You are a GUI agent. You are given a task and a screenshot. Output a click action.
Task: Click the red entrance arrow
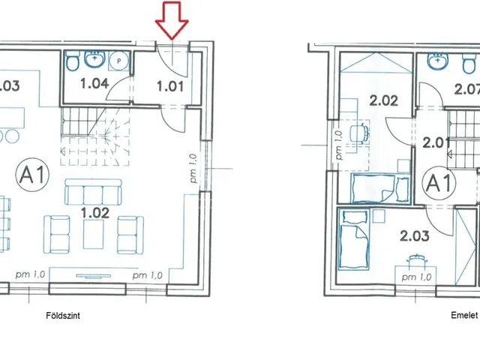pos(172,21)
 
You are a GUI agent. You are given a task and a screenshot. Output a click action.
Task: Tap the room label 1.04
pos(94,83)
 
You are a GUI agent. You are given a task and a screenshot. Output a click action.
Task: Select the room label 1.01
pos(170,86)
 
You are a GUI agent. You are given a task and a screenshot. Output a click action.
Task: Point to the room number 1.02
pos(95,212)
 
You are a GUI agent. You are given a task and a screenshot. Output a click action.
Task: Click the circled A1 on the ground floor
pos(32,175)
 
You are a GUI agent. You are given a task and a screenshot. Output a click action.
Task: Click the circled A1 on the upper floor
pos(439,183)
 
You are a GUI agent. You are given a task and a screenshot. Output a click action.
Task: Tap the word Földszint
pos(63,315)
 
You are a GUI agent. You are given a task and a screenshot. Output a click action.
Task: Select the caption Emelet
pos(464,315)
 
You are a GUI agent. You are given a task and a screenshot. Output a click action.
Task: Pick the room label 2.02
pos(383,100)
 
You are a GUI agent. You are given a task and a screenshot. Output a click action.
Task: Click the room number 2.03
pos(415,236)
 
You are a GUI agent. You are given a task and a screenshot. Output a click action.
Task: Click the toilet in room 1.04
pos(73,62)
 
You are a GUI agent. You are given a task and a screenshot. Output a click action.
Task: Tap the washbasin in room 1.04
pos(95,58)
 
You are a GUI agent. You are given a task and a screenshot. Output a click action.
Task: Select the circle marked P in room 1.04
pos(119,61)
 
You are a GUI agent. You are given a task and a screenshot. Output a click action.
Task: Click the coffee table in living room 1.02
pos(93,235)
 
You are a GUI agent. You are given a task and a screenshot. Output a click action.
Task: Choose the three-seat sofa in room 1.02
pos(93,192)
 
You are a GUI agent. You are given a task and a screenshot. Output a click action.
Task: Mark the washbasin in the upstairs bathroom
pos(438,61)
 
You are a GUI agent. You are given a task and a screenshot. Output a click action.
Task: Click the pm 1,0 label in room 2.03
pos(416,277)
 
